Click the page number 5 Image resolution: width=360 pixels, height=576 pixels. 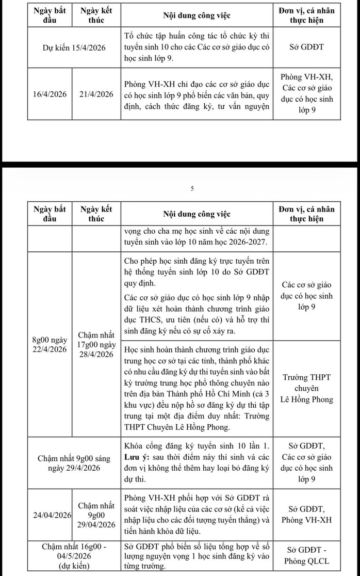[x=192, y=189]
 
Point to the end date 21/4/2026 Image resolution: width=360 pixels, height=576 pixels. [x=96, y=94]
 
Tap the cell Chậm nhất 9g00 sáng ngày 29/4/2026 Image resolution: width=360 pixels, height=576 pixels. [x=75, y=463]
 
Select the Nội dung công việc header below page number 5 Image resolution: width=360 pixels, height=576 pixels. [x=197, y=214]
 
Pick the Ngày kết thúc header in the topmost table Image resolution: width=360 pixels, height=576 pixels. [x=96, y=16]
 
